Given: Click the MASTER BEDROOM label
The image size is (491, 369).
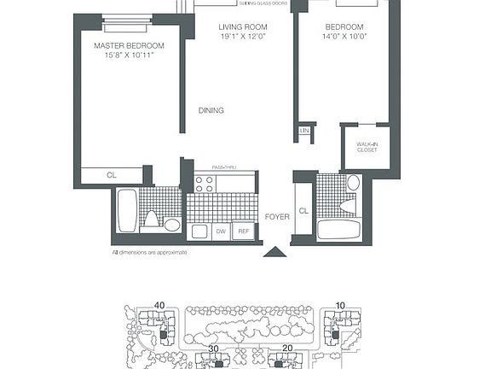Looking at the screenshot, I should pos(129,45).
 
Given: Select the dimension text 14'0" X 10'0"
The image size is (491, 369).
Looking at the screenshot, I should pos(344,38).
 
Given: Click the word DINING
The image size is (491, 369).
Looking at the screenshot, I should pos(211,110).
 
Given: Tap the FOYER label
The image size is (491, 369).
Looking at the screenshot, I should pos(276,216).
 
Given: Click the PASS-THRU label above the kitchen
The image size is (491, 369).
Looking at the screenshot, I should pos(224,167).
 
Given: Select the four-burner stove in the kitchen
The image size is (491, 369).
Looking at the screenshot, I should pos(205,182).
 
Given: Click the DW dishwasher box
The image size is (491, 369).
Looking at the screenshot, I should pos(220,231).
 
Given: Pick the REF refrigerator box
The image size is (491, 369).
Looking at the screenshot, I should pos(244,231).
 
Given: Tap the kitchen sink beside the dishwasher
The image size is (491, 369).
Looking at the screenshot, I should pos(199,231).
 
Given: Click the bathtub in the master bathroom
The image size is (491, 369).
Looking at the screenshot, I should pos(126,210).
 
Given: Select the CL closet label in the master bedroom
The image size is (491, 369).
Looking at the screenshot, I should pos(112,175).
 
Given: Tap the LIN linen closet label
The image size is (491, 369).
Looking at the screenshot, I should pos(304,130).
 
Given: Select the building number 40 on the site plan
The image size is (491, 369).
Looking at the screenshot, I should pos(159,305).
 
